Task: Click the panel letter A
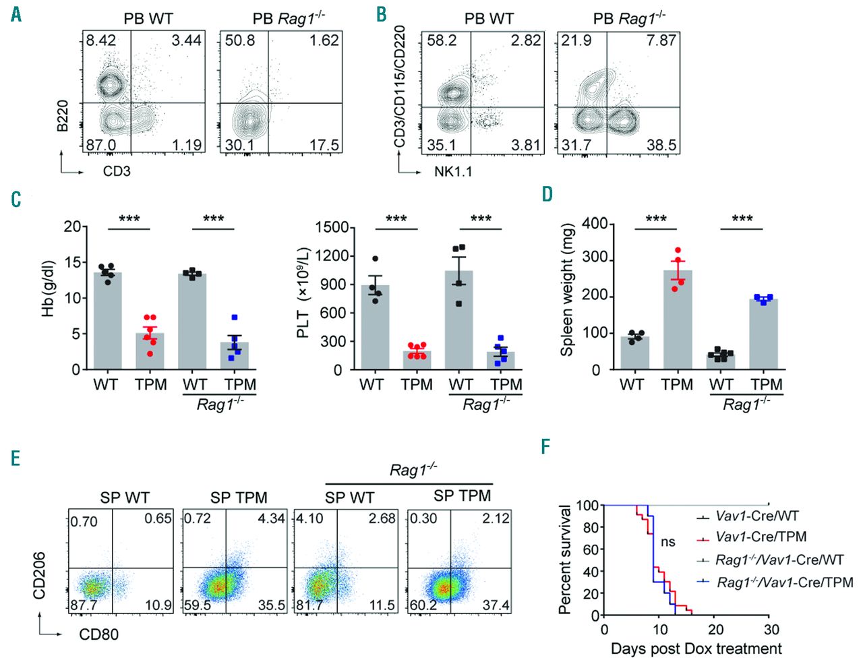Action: click(x=16, y=14)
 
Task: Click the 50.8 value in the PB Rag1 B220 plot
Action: click(x=240, y=40)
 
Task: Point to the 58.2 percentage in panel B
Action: click(x=442, y=40)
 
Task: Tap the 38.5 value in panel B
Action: click(x=661, y=145)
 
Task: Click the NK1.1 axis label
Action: click(x=453, y=171)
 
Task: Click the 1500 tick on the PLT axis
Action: click(x=331, y=227)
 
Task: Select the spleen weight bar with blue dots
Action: click(x=764, y=334)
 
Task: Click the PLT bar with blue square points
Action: click(x=501, y=360)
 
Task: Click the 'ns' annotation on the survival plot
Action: click(x=667, y=541)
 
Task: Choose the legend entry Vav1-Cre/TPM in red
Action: click(x=761, y=537)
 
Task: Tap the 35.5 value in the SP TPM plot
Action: click(x=272, y=605)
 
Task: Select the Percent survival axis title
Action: click(x=565, y=560)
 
